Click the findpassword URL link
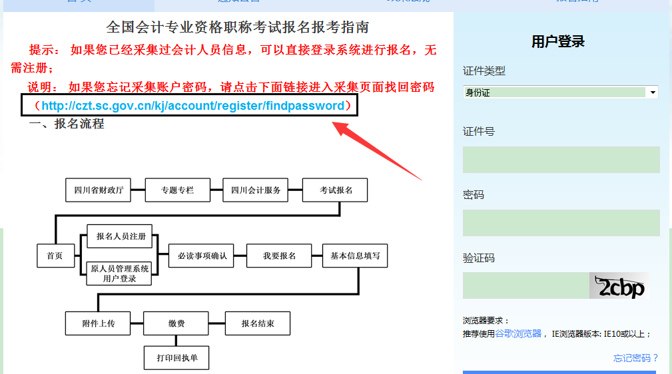point(193,106)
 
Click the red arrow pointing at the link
point(376,150)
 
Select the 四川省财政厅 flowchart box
point(99,190)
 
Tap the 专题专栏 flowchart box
point(177,190)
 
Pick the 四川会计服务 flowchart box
point(256,190)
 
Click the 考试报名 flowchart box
point(335,190)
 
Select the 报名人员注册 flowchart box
point(120,236)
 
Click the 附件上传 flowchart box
point(99,323)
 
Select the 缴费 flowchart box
point(176,323)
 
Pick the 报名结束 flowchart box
point(258,323)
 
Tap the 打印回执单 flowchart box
point(177,358)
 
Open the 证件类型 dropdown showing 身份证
point(561,93)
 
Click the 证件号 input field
point(561,160)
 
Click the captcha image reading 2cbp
point(619,285)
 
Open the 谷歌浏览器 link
point(518,333)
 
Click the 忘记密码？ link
point(635,358)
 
